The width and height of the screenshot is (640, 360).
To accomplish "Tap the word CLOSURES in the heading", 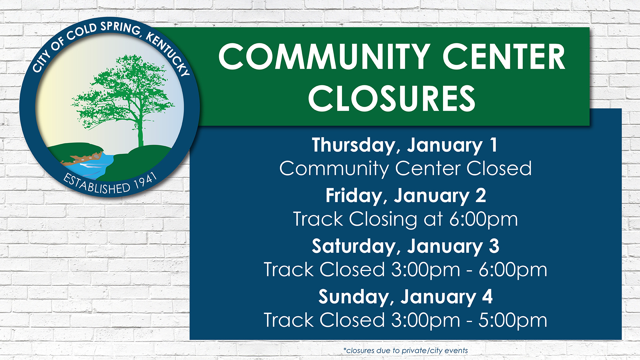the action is pos(392,98).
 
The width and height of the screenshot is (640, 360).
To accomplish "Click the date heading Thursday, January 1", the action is pos(405,146).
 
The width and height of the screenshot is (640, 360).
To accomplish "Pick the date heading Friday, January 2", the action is pos(406,196).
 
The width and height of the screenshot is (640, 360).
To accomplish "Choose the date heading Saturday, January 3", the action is pos(406,247).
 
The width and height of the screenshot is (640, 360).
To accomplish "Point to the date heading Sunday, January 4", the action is pos(405,297).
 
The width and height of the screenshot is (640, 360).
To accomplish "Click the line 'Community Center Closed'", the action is pos(405,169).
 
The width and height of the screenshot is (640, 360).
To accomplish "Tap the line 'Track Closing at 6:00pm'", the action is pos(405,219).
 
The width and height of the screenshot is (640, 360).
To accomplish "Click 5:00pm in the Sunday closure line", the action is pos(513,321).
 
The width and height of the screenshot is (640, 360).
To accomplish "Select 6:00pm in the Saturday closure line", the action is pos(513,270).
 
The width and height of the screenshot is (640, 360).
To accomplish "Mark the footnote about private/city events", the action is pos(405,351).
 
